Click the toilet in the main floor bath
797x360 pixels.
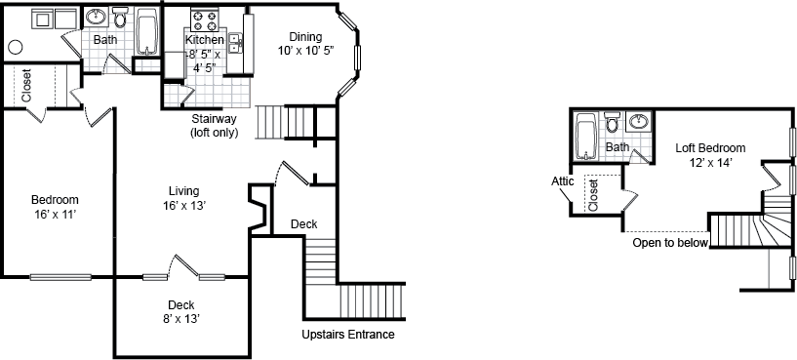(120, 19)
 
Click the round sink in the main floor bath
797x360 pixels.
(96, 18)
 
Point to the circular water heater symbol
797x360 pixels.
(16, 47)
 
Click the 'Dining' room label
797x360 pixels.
(304, 37)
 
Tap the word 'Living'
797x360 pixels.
(183, 190)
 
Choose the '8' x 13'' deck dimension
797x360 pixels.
(181, 317)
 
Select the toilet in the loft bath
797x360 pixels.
(612, 123)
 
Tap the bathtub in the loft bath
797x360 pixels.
(585, 137)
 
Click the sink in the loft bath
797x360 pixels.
(637, 123)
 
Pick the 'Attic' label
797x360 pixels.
(562, 180)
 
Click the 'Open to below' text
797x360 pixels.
(669, 243)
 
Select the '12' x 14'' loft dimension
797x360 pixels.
(710, 163)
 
